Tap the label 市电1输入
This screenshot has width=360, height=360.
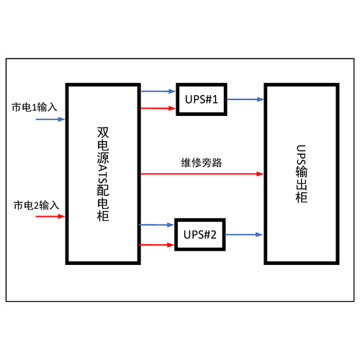click(35, 107)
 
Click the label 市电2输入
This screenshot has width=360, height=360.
click(36, 205)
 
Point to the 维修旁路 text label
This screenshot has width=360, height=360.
click(202, 163)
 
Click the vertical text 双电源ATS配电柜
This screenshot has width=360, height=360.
click(103, 174)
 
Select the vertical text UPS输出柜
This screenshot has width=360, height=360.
click(302, 174)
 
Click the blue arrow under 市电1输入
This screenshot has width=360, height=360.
click(50, 120)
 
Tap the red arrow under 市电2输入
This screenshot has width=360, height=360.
click(50, 217)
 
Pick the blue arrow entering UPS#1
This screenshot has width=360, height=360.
click(158, 91)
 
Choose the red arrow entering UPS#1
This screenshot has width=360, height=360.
click(158, 108)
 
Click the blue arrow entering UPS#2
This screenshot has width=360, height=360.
click(156, 225)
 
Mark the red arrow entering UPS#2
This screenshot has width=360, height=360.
click(156, 245)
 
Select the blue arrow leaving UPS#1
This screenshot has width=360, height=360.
click(246, 99)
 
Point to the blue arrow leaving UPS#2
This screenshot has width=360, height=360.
click(244, 235)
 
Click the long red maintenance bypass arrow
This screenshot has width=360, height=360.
click(202, 174)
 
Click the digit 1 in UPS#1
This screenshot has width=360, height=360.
click(215, 99)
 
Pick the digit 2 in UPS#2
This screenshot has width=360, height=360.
click(213, 235)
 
